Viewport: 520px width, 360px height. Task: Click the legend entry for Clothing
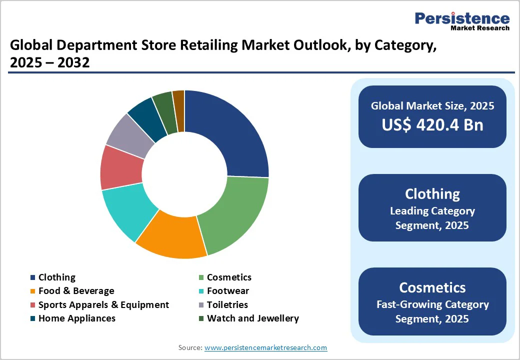[56, 277]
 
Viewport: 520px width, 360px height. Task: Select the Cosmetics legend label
[229, 277]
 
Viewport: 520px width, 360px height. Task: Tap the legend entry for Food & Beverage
[76, 291]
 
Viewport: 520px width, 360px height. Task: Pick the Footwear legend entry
[227, 291]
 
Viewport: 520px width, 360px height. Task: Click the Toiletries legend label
[227, 305]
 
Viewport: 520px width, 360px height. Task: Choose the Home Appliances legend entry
[76, 318]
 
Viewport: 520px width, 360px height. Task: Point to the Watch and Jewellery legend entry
[252, 318]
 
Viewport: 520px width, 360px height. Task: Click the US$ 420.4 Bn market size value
[432, 124]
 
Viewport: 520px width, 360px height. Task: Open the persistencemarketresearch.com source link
[265, 347]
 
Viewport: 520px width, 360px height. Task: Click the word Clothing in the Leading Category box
[432, 194]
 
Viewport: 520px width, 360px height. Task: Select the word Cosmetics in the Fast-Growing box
[432, 287]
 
